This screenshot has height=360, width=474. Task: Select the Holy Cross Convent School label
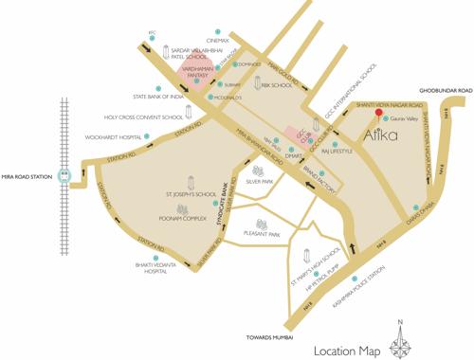144,117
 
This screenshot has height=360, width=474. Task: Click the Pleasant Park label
261,233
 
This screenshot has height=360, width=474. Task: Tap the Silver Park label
260,180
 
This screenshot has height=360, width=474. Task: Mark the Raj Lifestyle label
337,151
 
